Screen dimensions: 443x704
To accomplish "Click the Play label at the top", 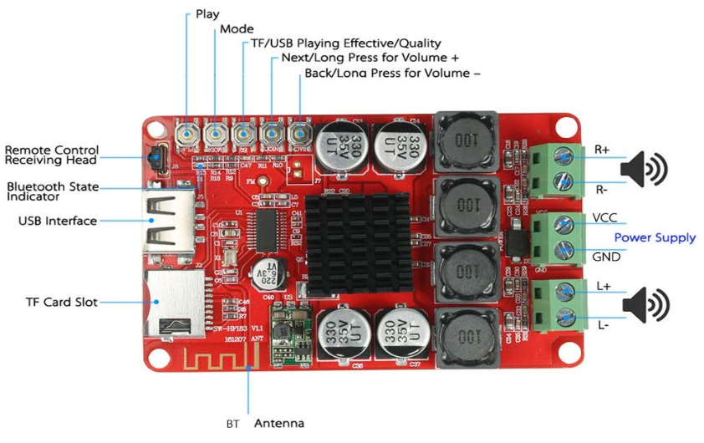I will point(208,14).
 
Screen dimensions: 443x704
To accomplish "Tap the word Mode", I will point(237,29).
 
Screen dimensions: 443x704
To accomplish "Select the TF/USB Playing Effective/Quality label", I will point(346,43).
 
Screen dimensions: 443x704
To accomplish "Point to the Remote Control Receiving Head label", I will point(52,155).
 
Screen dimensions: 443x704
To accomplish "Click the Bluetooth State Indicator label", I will point(53,191).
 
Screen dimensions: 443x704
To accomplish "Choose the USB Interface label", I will point(58,221).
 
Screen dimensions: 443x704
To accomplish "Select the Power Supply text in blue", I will point(655,238).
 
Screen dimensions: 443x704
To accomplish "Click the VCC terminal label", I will point(605,218).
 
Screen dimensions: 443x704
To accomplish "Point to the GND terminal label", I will point(606,257).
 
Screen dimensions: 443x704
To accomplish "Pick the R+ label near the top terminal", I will point(602,150).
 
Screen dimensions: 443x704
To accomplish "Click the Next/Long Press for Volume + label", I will point(370,59).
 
